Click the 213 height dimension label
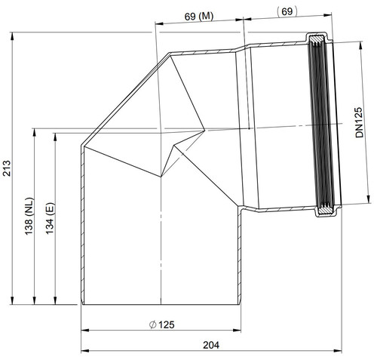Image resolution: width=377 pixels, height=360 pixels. pyautogui.click(x=7, y=168)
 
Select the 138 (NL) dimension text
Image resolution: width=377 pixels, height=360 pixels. pyautogui.click(x=29, y=216)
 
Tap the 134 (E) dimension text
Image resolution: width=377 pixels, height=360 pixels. pyautogui.click(x=50, y=218)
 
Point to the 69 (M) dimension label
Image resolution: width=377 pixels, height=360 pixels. pyautogui.click(x=199, y=17)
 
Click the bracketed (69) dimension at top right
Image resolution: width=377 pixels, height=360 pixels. pyautogui.click(x=287, y=11)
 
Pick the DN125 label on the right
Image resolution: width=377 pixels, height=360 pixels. pyautogui.click(x=360, y=122)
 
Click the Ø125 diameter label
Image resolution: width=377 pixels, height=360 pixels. pyautogui.click(x=162, y=325)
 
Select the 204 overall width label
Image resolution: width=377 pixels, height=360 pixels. pyautogui.click(x=211, y=345)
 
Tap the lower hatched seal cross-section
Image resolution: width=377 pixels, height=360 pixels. pyautogui.click(x=326, y=211)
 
